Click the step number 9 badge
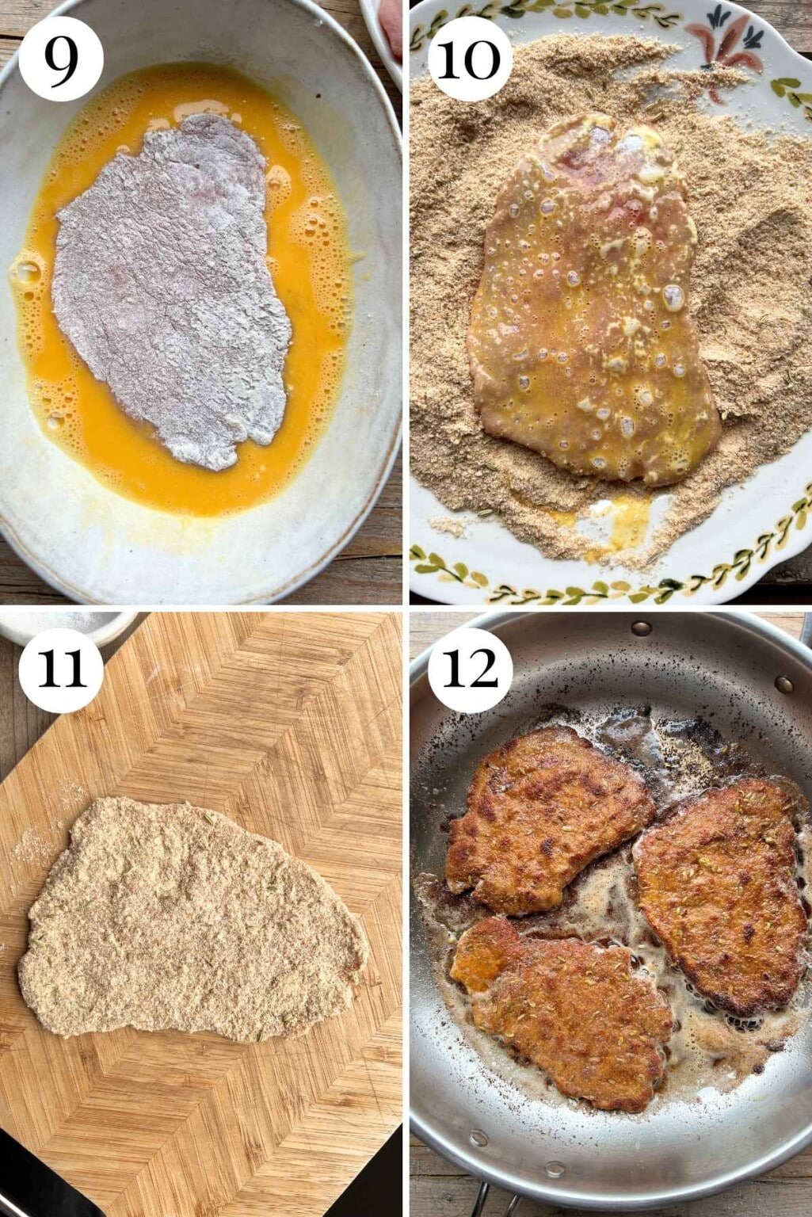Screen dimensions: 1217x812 61,59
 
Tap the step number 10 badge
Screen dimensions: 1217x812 470,59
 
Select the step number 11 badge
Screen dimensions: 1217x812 61,670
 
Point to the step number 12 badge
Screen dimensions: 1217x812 470,670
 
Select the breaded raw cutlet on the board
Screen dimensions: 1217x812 190,919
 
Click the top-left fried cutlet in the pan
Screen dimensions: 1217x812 547,820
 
